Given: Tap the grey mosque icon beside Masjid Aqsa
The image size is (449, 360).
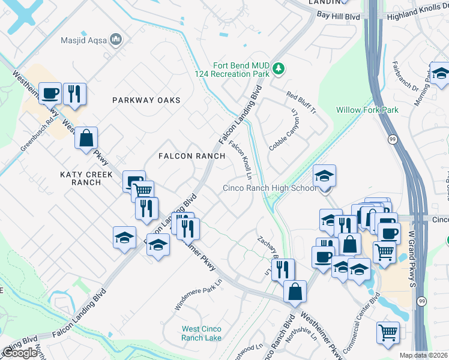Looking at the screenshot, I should (x=116, y=40).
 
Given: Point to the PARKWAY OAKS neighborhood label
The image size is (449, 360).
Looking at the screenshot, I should (x=146, y=100).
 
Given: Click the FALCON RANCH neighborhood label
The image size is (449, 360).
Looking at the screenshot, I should (x=191, y=156).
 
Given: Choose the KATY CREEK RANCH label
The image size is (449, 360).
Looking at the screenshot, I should (x=80, y=178).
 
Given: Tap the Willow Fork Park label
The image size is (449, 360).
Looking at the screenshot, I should (x=367, y=110).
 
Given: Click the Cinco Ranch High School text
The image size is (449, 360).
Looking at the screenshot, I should (x=270, y=188).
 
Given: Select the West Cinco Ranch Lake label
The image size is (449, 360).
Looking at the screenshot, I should (x=202, y=333).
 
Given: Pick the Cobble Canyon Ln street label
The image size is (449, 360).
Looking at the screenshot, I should (x=284, y=129).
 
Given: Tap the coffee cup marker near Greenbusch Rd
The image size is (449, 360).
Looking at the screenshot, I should (x=50, y=94).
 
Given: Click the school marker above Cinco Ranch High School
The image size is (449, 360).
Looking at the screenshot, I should (x=325, y=176).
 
